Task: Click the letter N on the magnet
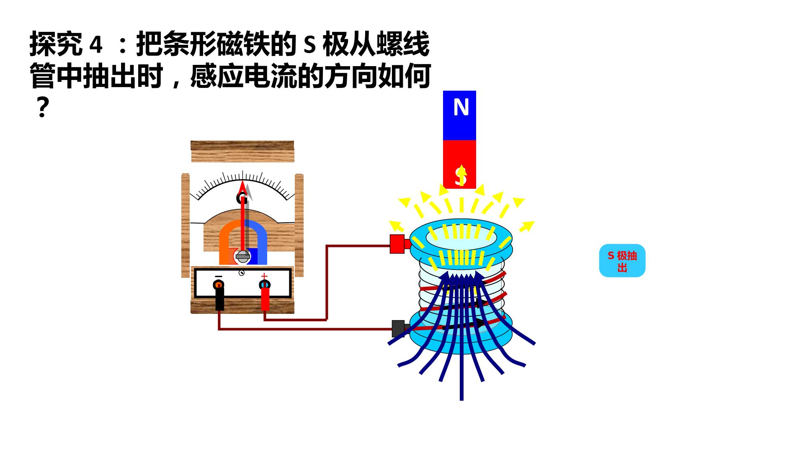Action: [461, 107]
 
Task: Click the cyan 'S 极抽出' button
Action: [622, 260]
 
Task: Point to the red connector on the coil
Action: [398, 244]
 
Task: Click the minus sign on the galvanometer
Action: [218, 277]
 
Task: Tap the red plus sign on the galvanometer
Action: [264, 276]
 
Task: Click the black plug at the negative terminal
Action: [219, 299]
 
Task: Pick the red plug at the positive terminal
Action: [265, 299]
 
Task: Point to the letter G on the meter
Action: [242, 198]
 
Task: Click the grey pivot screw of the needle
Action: [243, 256]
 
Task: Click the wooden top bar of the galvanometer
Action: [242, 152]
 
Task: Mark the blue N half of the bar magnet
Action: [459, 116]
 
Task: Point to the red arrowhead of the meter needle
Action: [242, 187]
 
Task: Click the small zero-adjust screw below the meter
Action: [241, 273]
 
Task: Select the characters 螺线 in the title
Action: [403, 44]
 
